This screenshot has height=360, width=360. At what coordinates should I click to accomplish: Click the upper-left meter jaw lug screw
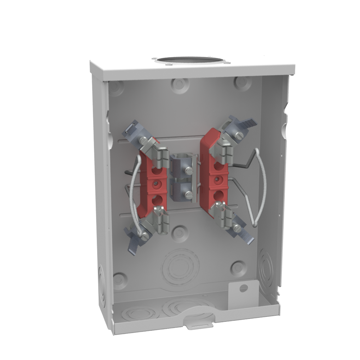coord(143,140)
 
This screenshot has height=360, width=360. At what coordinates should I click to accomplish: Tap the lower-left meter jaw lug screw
coord(145,236)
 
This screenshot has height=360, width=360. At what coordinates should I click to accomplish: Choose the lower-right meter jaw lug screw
coord(237,228)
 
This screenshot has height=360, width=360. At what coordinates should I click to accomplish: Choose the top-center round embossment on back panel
coord(180,85)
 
